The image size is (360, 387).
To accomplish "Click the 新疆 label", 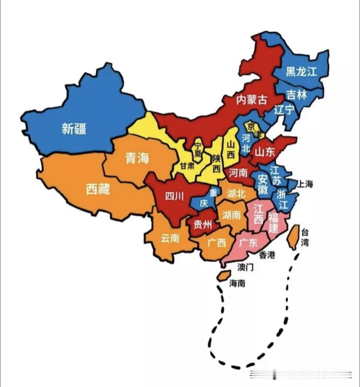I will tap(74, 129).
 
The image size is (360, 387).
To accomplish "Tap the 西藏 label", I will tap(98, 189).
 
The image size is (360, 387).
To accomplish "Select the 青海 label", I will tap(137, 158).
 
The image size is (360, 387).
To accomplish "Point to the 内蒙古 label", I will tap(252, 99).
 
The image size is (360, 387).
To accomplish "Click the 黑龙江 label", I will tap(301, 71).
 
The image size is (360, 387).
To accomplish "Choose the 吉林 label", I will tap(296, 95).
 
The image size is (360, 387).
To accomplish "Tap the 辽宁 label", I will tap(284, 109).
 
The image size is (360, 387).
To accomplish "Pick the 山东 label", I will tap(265, 152).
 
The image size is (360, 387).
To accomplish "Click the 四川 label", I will tap(174, 196).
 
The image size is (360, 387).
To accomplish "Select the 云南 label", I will tap(170, 238).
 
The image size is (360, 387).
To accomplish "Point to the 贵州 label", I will tap(202, 225).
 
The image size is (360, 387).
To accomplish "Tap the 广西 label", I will tap(217, 243).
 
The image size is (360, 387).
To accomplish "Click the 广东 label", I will tap(248, 242).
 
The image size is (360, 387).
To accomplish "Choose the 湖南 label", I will tap(231, 215).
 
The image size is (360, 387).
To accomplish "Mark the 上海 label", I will tap(305, 184).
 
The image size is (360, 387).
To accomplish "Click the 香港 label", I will tap(267, 255).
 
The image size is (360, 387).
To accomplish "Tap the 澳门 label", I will tap(245, 267).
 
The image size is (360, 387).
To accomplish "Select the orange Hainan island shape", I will tap(224, 276).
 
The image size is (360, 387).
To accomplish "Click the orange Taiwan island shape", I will tap(293, 236).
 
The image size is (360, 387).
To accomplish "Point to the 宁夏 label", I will tap(198, 150).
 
